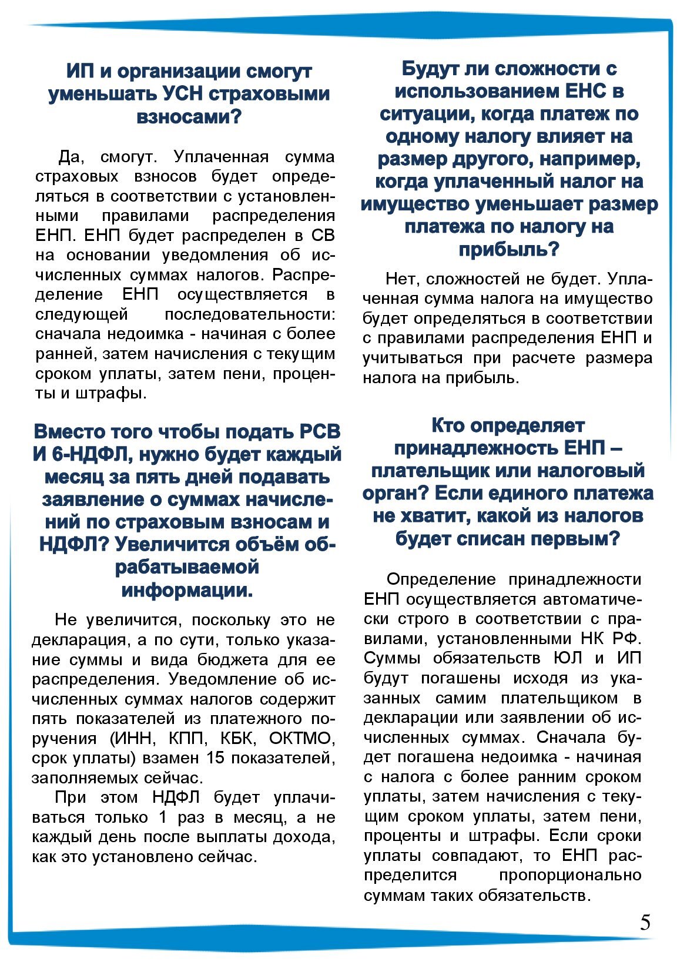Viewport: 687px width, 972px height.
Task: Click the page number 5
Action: [x=645, y=923]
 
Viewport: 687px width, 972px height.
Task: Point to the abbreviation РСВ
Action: [x=320, y=431]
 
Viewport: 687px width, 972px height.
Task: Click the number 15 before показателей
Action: [x=216, y=758]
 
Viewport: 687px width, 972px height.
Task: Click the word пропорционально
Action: [x=569, y=875]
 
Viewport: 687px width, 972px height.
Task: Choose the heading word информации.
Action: [x=187, y=590]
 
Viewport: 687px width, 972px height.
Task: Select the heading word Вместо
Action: [x=70, y=431]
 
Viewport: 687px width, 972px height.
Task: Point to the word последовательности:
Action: [x=250, y=314]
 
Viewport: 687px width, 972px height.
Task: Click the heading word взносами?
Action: [x=188, y=116]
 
